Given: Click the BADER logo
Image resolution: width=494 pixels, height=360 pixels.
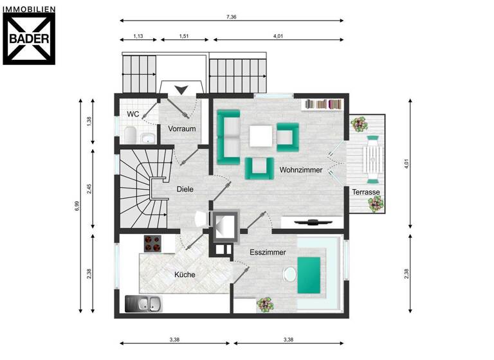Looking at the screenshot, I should (29, 37).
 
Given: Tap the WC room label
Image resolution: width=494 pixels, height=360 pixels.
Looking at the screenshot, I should (133, 114).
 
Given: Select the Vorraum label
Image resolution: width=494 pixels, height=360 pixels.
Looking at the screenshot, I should (181, 129).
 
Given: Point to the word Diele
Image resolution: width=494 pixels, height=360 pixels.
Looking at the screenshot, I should (186, 189).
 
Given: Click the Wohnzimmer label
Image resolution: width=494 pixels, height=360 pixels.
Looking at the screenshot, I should (300, 170).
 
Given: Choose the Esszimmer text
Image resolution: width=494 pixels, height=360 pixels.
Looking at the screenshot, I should (268, 253).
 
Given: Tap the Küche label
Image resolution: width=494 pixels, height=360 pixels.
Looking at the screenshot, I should (185, 274).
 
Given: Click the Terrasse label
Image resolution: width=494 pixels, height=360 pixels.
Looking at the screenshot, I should (365, 192).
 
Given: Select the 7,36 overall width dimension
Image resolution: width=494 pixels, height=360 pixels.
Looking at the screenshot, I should (232, 17).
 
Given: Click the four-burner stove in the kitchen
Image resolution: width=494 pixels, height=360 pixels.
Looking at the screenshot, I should (152, 244).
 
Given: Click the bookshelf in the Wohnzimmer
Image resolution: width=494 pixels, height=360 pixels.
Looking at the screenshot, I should (323, 104).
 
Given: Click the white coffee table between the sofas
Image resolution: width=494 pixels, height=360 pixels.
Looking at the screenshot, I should (261, 136).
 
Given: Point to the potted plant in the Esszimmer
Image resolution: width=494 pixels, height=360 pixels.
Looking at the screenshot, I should (264, 303).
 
